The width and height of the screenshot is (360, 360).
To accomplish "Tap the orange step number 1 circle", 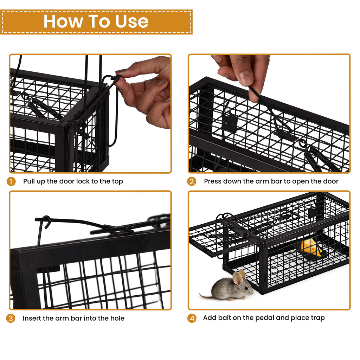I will coord(11,181).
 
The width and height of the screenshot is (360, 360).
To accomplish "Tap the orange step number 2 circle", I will coord(192,181).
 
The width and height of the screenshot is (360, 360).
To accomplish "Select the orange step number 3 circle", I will coord(11,319).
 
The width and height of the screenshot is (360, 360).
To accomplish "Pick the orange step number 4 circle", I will coord(192,319).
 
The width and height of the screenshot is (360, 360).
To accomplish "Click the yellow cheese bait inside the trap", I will coord(311,247).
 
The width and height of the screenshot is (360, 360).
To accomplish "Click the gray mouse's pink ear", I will coord(238,278).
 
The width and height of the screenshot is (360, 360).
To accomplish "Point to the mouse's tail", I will coord(206,296).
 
